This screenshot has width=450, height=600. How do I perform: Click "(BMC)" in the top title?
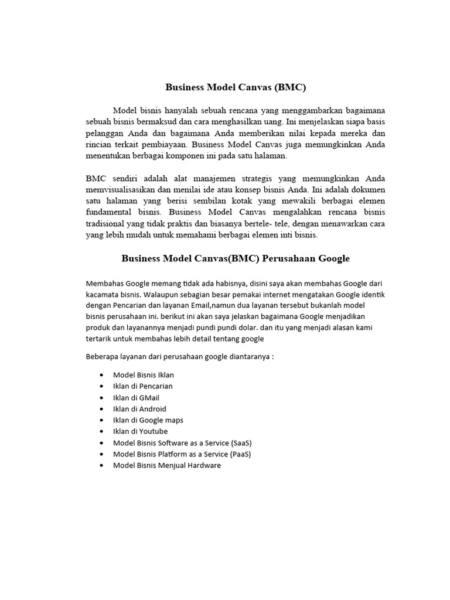click(x=289, y=88)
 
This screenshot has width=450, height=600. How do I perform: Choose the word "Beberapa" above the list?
click(x=104, y=356)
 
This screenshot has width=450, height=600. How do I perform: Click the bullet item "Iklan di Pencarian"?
click(x=142, y=386)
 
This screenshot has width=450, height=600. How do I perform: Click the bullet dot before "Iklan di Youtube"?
click(x=103, y=432)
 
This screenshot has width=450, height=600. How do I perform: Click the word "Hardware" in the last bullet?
click(x=202, y=465)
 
